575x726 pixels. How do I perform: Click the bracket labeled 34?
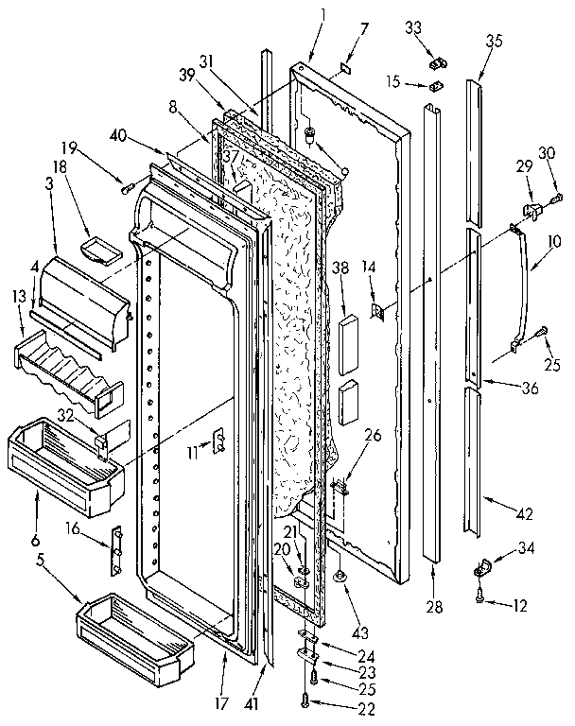point(483,570)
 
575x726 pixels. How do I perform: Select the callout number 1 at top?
point(324,15)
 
